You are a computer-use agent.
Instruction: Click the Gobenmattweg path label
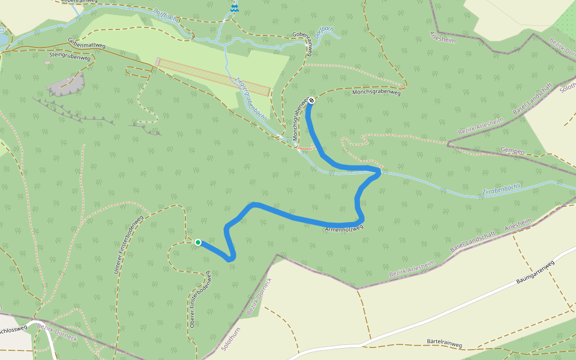(87, 44)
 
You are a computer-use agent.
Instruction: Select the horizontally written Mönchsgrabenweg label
(376, 92)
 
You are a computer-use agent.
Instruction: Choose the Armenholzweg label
(344, 229)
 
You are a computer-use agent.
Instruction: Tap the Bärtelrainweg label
(444, 344)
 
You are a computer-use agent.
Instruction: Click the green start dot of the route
(198, 242)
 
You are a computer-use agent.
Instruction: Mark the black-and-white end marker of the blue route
(311, 100)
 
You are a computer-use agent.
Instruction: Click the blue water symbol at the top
(235, 8)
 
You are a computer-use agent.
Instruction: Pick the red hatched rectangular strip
(213, 76)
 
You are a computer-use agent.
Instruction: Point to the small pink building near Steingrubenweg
(47, 62)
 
